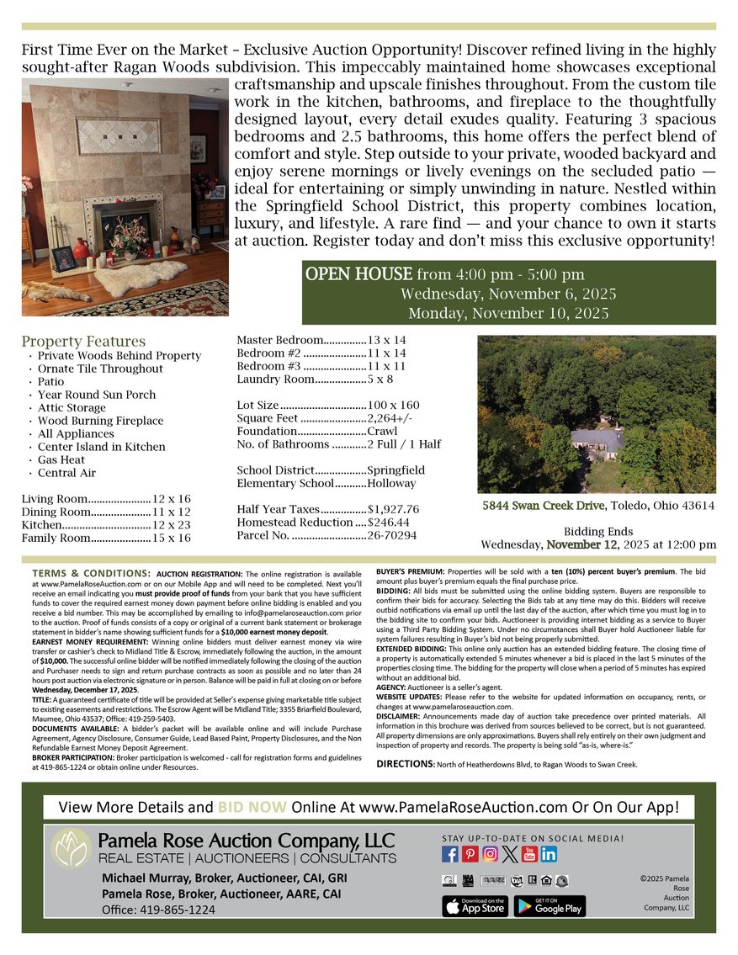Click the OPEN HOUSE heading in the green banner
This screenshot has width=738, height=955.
(358, 274)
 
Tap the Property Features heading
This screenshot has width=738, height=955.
(83, 342)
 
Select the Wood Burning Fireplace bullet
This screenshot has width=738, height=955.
(100, 421)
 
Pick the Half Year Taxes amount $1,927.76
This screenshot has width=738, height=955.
(393, 510)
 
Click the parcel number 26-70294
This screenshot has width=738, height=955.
(392, 535)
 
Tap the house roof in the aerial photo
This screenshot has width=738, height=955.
(597, 439)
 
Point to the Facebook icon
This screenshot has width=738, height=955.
(450, 854)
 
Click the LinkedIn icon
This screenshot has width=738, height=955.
(549, 854)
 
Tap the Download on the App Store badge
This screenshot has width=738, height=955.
(475, 905)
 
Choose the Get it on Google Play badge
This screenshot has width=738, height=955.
(550, 905)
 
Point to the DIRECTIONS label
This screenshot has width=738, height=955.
(405, 764)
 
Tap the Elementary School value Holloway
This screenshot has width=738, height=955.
(392, 483)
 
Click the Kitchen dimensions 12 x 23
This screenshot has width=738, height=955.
(172, 524)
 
